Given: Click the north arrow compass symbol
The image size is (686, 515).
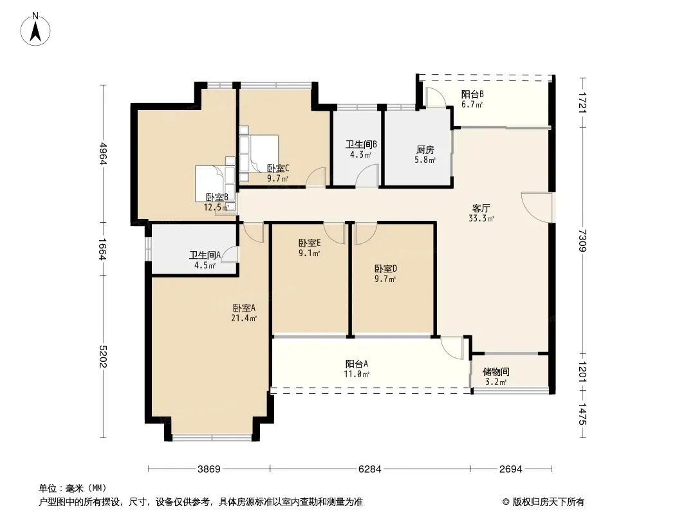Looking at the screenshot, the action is tap(35, 30).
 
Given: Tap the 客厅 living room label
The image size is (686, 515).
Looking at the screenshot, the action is tap(481, 209).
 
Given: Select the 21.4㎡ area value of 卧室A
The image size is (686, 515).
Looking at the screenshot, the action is tap(244, 318).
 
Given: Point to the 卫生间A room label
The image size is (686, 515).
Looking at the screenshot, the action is tap(205, 255).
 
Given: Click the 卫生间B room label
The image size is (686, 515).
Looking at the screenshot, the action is tap(362, 144).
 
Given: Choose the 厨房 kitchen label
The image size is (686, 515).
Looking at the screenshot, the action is tap(425, 149).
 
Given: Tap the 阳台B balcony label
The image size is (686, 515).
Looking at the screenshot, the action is tap(472, 94).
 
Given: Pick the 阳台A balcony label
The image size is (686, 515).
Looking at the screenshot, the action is tap(357, 364).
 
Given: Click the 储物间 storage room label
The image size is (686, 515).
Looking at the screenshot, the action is tap(496, 372).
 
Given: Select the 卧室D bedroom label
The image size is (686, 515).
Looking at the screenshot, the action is tap(385, 268).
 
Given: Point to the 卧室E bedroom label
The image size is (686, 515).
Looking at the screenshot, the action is tap(310, 243).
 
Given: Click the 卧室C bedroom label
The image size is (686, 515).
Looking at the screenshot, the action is tap(278, 169).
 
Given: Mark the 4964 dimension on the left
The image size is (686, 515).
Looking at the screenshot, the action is tap(103, 153).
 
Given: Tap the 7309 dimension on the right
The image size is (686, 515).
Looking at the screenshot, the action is tap(582, 241).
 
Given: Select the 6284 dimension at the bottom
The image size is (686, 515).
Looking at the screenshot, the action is tap(369, 469).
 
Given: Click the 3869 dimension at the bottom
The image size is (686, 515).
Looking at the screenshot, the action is tap(209, 469).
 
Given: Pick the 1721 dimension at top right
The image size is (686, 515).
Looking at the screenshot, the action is tap(582, 102).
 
